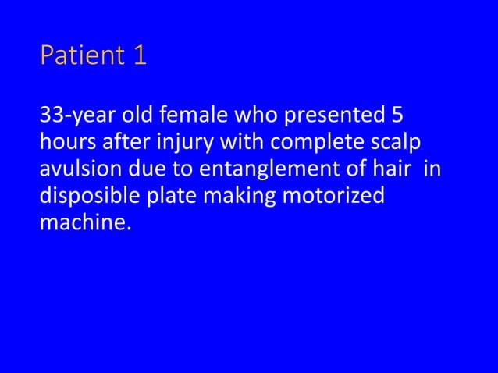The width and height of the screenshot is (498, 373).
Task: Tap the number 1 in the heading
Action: [140, 57]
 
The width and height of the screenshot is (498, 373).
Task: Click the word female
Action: [191, 118]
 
